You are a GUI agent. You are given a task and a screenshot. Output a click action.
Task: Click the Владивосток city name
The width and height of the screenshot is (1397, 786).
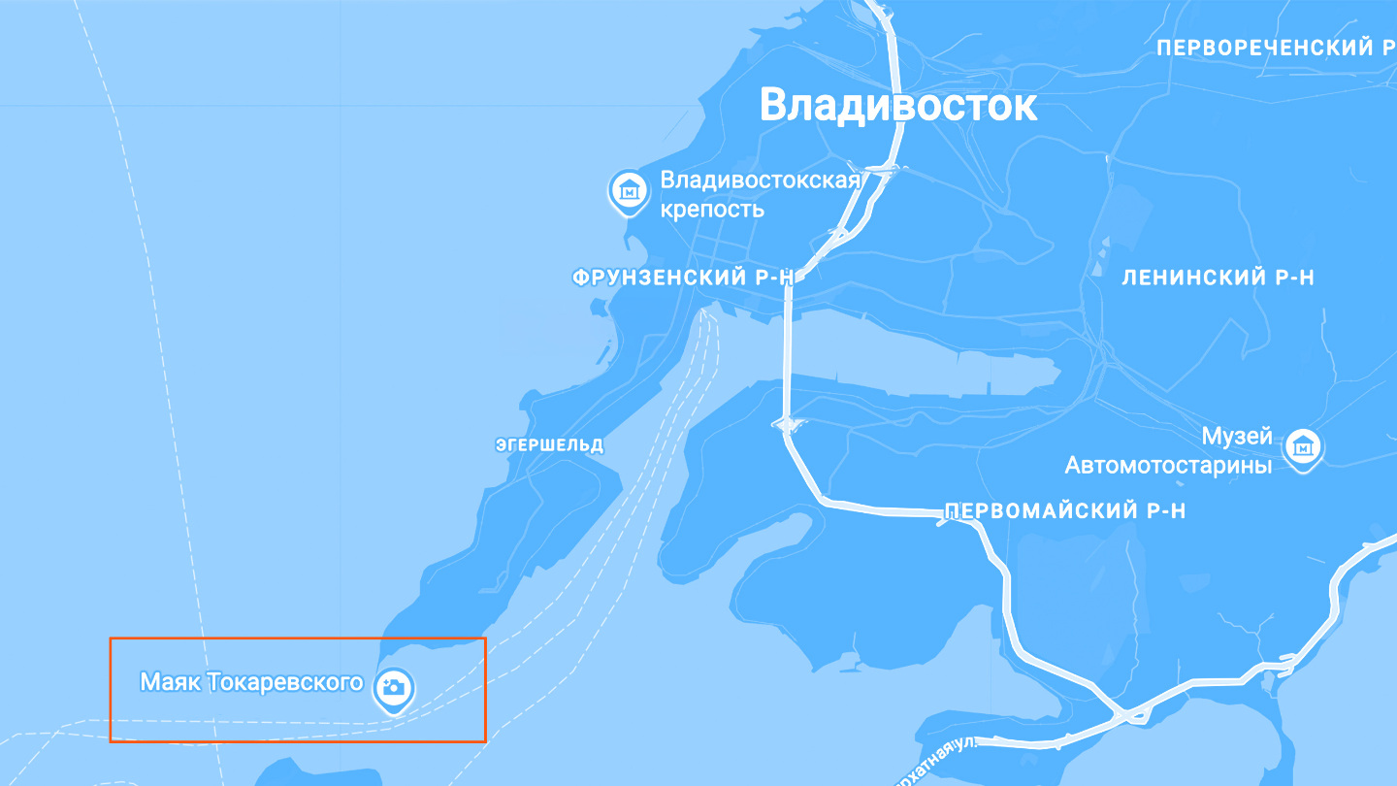(x=897, y=105)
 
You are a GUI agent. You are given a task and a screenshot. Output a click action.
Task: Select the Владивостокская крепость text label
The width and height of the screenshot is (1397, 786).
(x=760, y=194)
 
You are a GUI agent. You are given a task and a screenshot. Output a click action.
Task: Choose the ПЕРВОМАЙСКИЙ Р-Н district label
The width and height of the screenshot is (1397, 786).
(x=1064, y=511)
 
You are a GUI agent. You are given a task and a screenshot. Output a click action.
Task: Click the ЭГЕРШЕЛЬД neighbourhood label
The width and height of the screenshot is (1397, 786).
(x=549, y=445)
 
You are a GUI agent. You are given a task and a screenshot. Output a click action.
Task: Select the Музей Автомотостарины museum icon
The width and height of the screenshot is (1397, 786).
(x=1304, y=447)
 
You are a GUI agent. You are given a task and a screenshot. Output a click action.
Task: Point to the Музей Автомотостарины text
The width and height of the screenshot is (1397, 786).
(x=1169, y=451)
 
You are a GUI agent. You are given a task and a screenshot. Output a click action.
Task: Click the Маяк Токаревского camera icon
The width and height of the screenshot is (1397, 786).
(x=394, y=687)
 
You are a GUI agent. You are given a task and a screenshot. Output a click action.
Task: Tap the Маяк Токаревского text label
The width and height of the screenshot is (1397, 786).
(x=251, y=682)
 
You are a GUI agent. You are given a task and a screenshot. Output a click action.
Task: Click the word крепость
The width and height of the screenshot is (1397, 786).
(x=712, y=209)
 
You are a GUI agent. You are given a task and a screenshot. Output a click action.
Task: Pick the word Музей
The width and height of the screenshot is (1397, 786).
(x=1237, y=437)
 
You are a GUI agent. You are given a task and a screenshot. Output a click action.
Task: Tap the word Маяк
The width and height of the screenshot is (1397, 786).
(x=170, y=682)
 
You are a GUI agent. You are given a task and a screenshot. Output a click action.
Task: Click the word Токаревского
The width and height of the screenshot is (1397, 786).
(x=284, y=682)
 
